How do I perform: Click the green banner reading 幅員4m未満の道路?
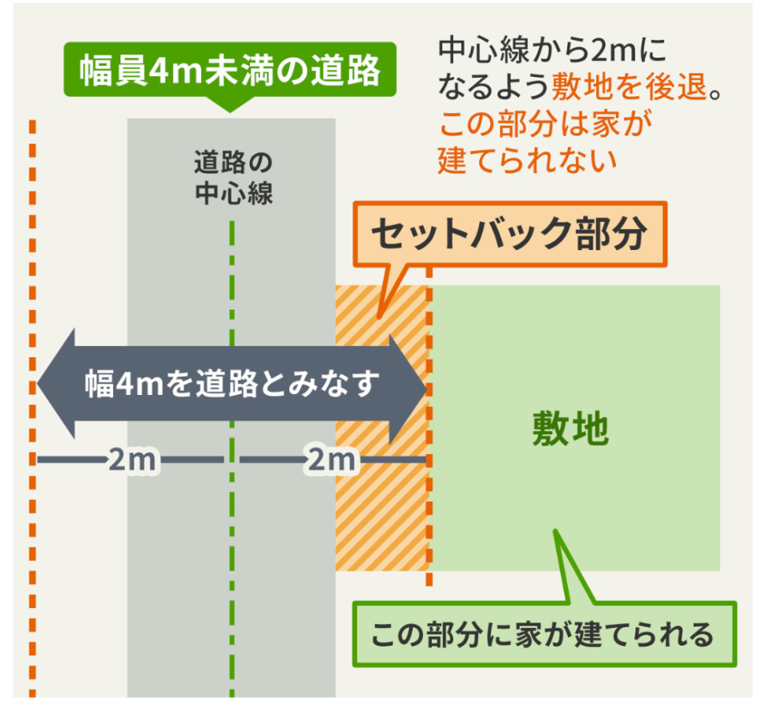click(230, 70)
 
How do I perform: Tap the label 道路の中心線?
click(233, 178)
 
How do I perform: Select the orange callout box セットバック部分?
click(509, 234)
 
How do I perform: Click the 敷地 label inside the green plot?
click(570, 429)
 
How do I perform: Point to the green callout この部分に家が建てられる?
click(545, 634)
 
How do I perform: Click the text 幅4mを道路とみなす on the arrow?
click(232, 384)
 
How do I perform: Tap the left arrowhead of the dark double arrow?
click(56, 384)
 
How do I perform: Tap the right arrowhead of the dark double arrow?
click(408, 389)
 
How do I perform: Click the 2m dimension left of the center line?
click(131, 460)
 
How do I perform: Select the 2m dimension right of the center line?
click(332, 460)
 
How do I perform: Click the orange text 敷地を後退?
click(630, 87)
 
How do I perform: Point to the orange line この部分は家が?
click(546, 123)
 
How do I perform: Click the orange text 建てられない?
click(527, 160)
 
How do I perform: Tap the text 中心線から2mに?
click(552, 50)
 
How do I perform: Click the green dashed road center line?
click(232, 459)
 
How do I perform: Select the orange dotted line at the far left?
click(32, 408)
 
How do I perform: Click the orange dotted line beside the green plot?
click(429, 425)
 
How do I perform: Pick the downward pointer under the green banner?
click(230, 104)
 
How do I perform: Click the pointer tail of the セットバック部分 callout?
click(392, 292)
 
